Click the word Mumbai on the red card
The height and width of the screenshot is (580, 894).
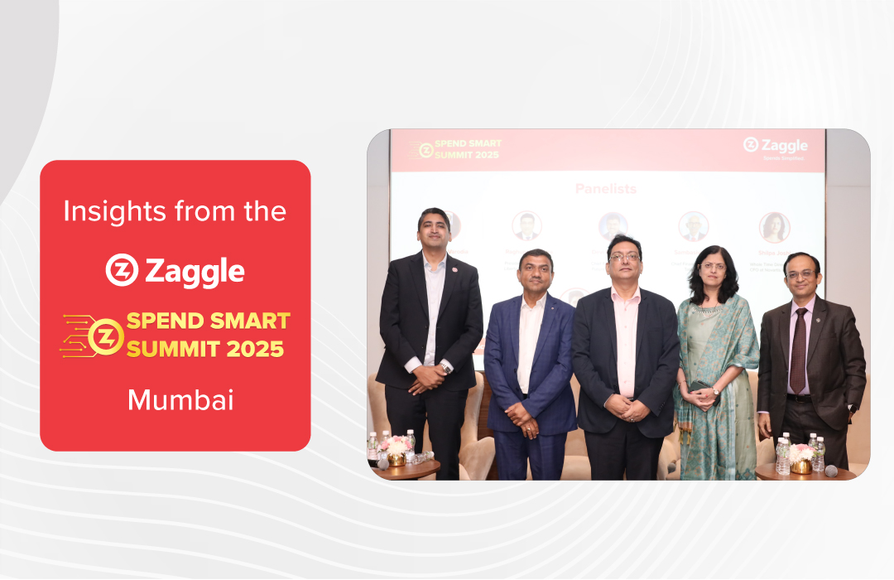pyautogui.click(x=180, y=400)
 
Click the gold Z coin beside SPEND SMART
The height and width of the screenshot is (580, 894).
pyautogui.click(x=105, y=337)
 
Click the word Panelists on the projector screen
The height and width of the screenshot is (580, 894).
pyautogui.click(x=606, y=189)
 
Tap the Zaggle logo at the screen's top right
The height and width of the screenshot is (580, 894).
pyautogui.click(x=775, y=147)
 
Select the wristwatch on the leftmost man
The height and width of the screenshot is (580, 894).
pyautogui.click(x=445, y=367)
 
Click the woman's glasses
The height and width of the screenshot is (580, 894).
pyautogui.click(x=712, y=267)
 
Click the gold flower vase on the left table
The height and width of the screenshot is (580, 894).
pyautogui.click(x=397, y=458)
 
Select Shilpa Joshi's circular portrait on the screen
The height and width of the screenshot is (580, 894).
pyautogui.click(x=774, y=227)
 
